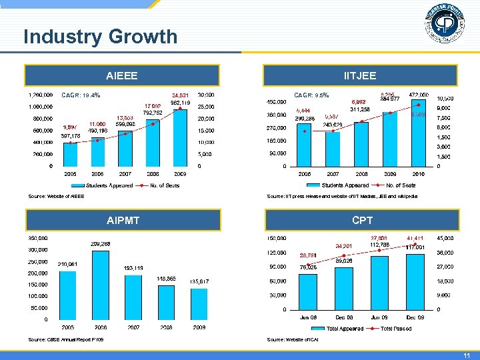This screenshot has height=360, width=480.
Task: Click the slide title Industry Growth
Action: point(100,36)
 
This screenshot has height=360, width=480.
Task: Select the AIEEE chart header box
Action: point(122,75)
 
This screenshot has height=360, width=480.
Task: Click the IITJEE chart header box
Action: point(359,75)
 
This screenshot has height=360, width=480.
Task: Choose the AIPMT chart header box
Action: point(122,220)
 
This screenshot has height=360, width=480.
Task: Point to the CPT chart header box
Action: point(359,220)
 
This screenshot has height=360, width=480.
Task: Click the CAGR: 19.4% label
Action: point(81,95)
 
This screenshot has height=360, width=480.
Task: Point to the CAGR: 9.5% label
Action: point(313,95)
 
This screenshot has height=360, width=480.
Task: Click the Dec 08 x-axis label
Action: point(344,317)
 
